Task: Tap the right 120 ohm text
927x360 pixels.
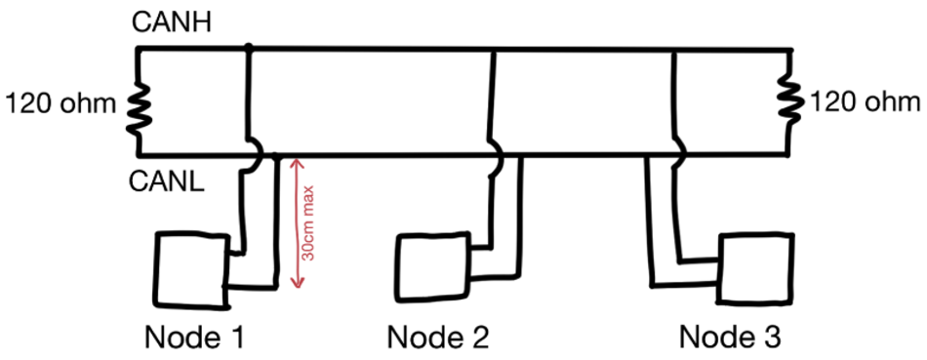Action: click(x=863, y=102)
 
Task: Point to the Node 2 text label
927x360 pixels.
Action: click(x=437, y=338)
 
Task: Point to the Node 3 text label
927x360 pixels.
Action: click(x=730, y=338)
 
